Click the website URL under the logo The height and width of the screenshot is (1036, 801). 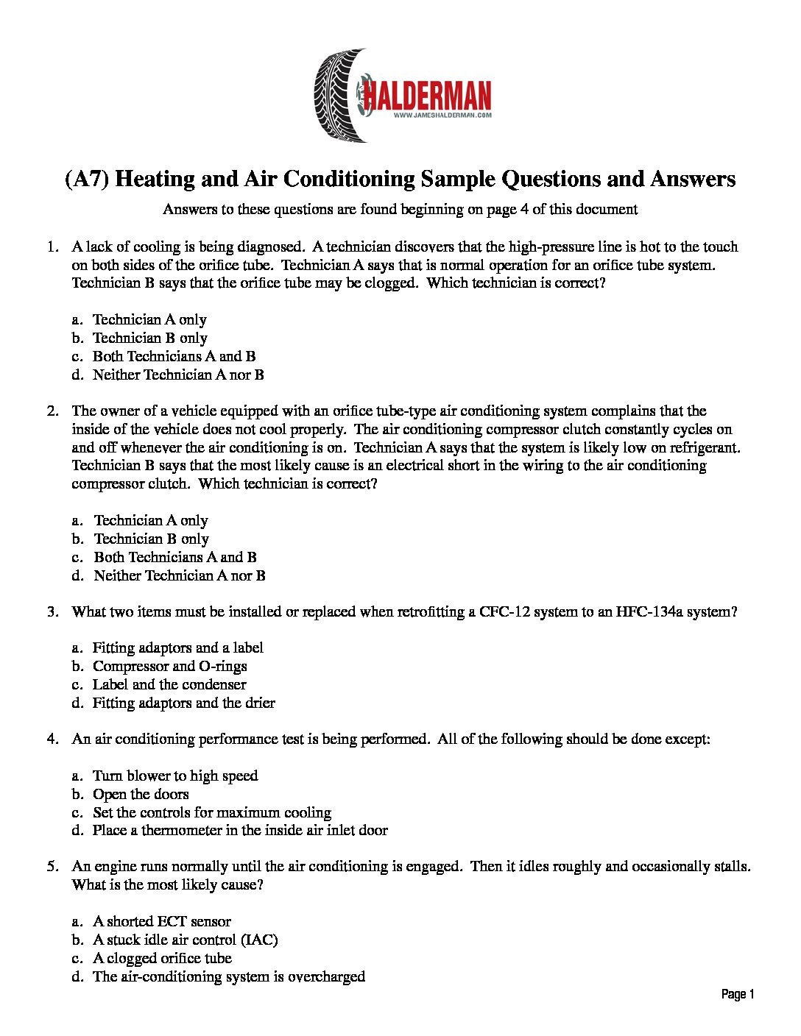(442, 116)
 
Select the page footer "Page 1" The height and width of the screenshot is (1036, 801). (738, 995)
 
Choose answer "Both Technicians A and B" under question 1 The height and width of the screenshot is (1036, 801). (174, 356)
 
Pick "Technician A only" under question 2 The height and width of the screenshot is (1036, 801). (151, 520)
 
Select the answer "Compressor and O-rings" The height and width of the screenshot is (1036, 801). (169, 666)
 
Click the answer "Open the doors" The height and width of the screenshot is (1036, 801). (141, 794)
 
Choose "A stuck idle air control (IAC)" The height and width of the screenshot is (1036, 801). (185, 940)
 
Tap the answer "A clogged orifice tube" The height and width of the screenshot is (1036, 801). (162, 958)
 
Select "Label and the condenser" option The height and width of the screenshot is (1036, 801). (169, 684)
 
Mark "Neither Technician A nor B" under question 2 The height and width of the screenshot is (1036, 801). (180, 575)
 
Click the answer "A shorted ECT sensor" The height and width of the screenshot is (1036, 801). (162, 921)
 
